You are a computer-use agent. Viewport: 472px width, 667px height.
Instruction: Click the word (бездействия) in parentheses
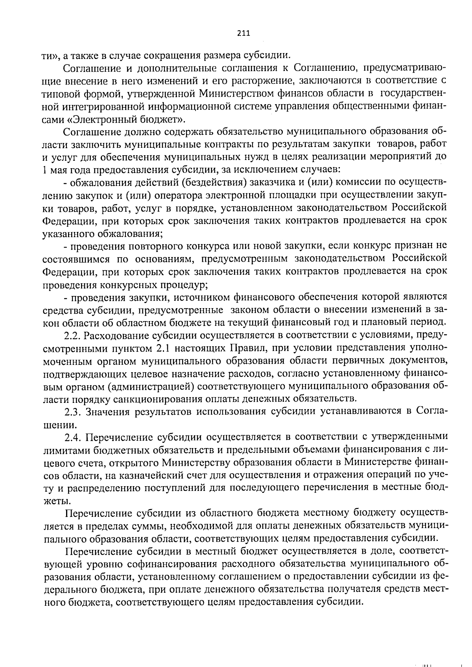(x=211, y=182)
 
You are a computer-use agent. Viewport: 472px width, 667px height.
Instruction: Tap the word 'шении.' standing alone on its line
(x=59, y=425)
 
